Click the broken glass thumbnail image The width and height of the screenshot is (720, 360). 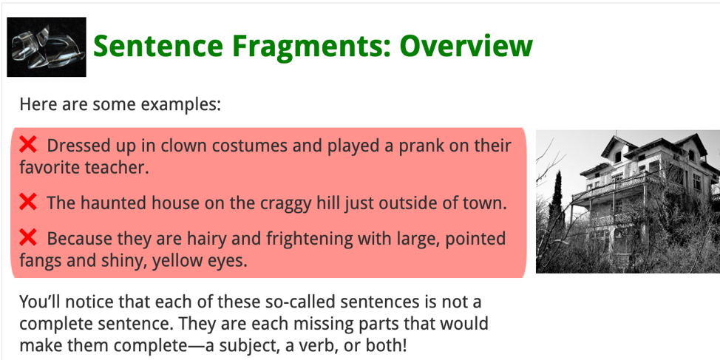click(x=47, y=47)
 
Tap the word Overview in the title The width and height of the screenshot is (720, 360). click(x=466, y=45)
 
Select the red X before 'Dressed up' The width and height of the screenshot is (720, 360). click(x=28, y=145)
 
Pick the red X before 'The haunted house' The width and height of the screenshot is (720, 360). click(x=28, y=202)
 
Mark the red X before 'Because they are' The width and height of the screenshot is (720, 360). click(x=28, y=237)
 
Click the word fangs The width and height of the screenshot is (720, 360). click(x=41, y=261)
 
